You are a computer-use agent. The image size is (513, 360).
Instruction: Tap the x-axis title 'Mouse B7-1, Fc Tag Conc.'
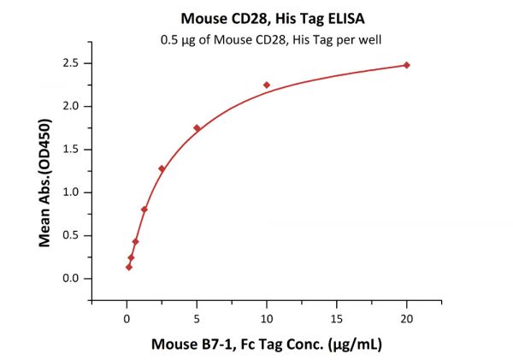pyautogui.click(x=267, y=345)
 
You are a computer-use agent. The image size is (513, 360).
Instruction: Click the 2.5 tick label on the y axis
pyautogui.click(x=73, y=63)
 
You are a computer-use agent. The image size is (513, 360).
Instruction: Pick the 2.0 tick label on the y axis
pyautogui.click(x=73, y=106)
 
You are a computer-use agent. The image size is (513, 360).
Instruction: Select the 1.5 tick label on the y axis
pyautogui.click(x=73, y=150)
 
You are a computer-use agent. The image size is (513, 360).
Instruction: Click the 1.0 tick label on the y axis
pyautogui.click(x=73, y=192)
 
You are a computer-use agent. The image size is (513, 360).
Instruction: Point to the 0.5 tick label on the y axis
pyautogui.click(x=73, y=235)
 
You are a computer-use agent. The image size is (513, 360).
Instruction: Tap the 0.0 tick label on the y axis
pyautogui.click(x=73, y=279)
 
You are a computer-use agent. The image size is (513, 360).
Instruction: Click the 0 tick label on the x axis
pyautogui.click(x=127, y=318)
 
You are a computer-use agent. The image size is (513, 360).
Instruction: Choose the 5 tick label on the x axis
pyautogui.click(x=197, y=318)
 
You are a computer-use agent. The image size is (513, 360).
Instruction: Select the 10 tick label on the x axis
pyautogui.click(x=267, y=318)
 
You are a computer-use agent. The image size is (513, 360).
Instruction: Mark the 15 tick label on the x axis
pyautogui.click(x=337, y=318)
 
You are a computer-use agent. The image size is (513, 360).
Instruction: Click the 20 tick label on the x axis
pyautogui.click(x=407, y=318)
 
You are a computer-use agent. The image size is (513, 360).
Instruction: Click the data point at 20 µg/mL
pyautogui.click(x=407, y=65)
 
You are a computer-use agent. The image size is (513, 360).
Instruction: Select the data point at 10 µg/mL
pyautogui.click(x=267, y=85)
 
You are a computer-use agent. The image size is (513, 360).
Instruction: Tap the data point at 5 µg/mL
pyautogui.click(x=197, y=128)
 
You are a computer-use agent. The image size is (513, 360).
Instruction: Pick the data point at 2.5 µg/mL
pyautogui.click(x=162, y=168)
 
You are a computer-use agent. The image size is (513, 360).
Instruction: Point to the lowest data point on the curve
pyautogui.click(x=129, y=267)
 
